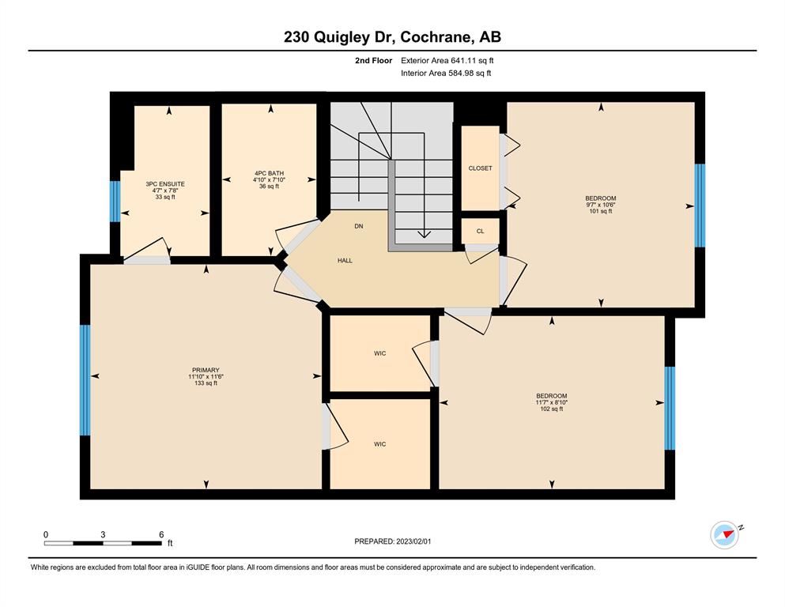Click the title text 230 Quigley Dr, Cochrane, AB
pyautogui.click(x=392, y=37)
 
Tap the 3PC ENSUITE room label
pyautogui.click(x=165, y=184)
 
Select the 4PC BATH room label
pyautogui.click(x=269, y=174)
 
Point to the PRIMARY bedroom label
pyautogui.click(x=206, y=371)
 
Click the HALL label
pyautogui.click(x=345, y=261)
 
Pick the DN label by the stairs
pyautogui.click(x=358, y=226)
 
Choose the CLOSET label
pyautogui.click(x=480, y=168)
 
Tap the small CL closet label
pyautogui.click(x=480, y=232)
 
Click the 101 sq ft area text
pyautogui.click(x=601, y=211)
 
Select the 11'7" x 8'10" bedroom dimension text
pyautogui.click(x=552, y=402)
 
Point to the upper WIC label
pyautogui.click(x=380, y=353)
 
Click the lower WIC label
pyautogui.click(x=380, y=444)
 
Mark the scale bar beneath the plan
pyautogui.click(x=103, y=543)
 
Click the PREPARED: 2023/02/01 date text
pyautogui.click(x=392, y=541)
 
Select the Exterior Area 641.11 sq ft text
pyautogui.click(x=447, y=61)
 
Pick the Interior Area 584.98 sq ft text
pyautogui.click(x=446, y=73)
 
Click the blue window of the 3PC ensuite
pyautogui.click(x=115, y=202)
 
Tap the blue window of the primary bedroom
pyautogui.click(x=85, y=380)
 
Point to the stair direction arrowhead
pyautogui.click(x=424, y=233)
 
